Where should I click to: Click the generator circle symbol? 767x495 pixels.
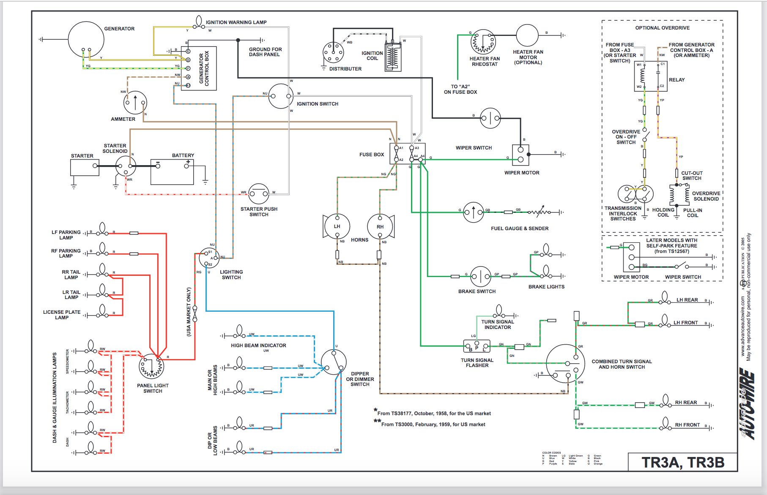tap(86, 39)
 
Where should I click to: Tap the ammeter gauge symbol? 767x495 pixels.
tap(135, 103)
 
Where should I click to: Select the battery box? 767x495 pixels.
tap(172, 172)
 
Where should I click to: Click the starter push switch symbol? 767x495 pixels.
tap(259, 194)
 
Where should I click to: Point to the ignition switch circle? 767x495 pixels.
tap(281, 96)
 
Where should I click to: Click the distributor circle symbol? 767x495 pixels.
tap(333, 53)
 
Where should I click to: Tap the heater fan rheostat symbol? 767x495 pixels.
tap(483, 42)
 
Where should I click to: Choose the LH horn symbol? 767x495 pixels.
tap(337, 226)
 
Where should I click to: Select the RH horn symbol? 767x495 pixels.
tap(380, 226)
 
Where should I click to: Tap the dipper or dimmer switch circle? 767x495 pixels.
tap(334, 362)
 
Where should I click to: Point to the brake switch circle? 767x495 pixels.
tap(481, 277)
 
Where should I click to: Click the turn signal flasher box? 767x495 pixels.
tap(477, 347)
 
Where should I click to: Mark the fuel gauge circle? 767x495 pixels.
tap(474, 212)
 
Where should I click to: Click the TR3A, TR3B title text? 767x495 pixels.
tap(683, 462)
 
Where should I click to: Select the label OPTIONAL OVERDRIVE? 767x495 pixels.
tap(662, 28)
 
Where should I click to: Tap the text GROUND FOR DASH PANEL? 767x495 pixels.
tap(265, 52)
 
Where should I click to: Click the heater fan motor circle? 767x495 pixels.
tap(527, 35)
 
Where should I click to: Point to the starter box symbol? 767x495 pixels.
tap(85, 167)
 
